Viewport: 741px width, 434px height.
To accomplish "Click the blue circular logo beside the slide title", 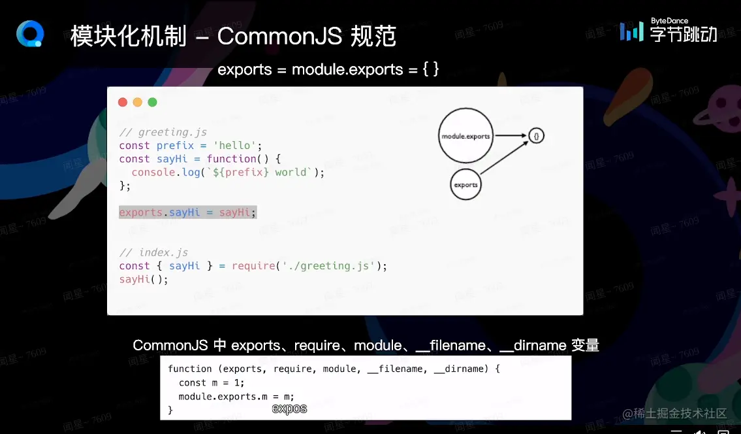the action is [x=30, y=34].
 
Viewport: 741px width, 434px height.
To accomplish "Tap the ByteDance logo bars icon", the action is [x=631, y=31].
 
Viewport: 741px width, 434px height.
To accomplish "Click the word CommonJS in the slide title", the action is [x=279, y=36].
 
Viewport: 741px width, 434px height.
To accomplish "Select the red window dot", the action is [x=122, y=102].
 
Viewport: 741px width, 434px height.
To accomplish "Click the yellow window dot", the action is [x=137, y=102].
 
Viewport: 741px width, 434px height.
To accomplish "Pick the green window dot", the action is [x=152, y=102].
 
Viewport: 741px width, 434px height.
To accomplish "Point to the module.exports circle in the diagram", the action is [x=465, y=136].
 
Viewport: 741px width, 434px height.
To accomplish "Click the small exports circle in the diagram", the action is [x=465, y=184].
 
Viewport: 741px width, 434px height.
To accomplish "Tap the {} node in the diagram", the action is [x=536, y=136].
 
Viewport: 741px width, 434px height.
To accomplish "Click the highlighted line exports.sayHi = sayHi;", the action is [x=187, y=212].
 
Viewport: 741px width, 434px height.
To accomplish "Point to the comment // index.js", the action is [x=154, y=252].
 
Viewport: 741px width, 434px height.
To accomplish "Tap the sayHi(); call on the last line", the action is [x=144, y=279].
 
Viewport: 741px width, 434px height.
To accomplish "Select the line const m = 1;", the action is [x=212, y=382].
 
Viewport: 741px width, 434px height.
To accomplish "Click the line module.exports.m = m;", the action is [x=236, y=396].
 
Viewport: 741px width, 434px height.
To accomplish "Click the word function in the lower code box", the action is [x=190, y=369].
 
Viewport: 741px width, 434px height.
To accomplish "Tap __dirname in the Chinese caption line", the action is [x=533, y=345].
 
